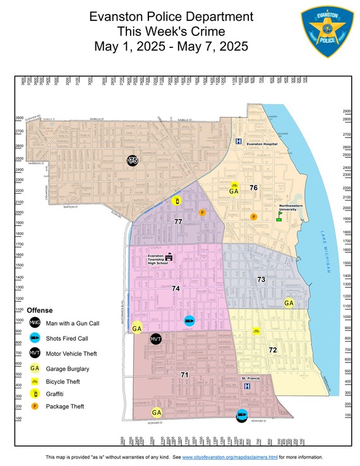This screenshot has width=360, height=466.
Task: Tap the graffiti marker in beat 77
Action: (176, 201)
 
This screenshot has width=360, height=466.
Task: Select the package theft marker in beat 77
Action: (202, 213)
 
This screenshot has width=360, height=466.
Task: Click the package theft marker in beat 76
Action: (253, 217)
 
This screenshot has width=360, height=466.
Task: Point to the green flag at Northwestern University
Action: (279, 214)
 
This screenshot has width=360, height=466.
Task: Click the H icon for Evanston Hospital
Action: (239, 142)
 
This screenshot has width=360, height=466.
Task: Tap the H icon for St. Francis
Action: (247, 385)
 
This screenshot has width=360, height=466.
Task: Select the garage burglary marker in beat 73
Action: (289, 302)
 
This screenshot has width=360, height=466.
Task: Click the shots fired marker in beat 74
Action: (189, 321)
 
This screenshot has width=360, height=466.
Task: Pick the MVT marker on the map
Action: (157, 339)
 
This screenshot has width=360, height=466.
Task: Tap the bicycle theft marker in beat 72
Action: (256, 330)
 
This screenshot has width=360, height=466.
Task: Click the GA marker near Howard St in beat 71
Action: (157, 412)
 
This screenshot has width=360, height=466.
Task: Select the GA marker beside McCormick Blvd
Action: (136, 328)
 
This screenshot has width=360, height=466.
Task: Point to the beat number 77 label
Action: (178, 222)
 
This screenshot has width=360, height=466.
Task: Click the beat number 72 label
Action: (272, 349)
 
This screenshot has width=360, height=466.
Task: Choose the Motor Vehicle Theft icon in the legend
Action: (35, 352)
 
